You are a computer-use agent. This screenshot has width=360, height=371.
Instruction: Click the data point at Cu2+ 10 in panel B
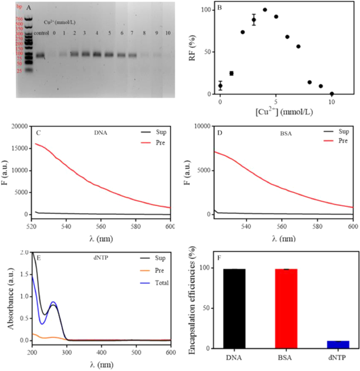pyautogui.click(x=332, y=94)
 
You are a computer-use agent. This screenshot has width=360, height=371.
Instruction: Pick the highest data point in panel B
pyautogui.click(x=265, y=10)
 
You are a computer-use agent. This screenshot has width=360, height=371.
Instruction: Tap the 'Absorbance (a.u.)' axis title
pyautogui.click(x=8, y=297)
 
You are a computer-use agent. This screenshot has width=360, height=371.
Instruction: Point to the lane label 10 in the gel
pyautogui.click(x=168, y=33)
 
